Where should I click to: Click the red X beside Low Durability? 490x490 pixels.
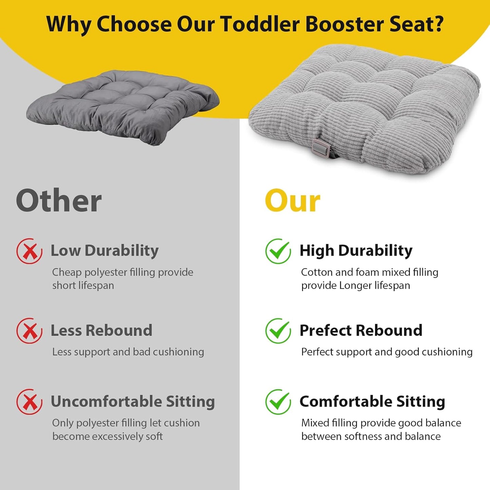pyautogui.click(x=30, y=251)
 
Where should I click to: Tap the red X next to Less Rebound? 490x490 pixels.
pyautogui.click(x=30, y=331)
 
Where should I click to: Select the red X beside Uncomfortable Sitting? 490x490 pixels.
pyautogui.click(x=30, y=402)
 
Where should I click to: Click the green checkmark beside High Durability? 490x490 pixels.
pyautogui.click(x=278, y=251)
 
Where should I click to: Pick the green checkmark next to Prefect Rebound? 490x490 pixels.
pyautogui.click(x=278, y=331)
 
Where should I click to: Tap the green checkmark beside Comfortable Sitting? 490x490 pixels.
pyautogui.click(x=278, y=402)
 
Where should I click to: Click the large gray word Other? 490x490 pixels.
pyautogui.click(x=59, y=201)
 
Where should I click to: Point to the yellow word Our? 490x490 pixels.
pyautogui.click(x=292, y=201)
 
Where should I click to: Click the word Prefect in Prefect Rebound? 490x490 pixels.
pyautogui.click(x=326, y=330)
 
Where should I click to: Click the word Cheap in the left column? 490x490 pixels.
pyautogui.click(x=67, y=272)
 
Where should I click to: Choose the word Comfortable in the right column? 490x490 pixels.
pyautogui.click(x=346, y=401)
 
